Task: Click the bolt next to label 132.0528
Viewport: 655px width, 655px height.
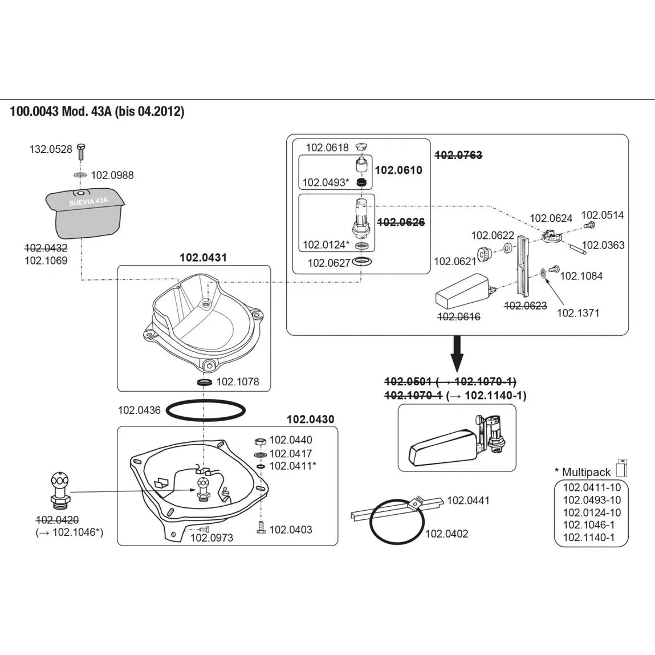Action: point(80,151)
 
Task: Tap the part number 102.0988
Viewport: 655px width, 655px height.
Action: point(112,175)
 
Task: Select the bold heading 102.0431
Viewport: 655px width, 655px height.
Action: point(203,257)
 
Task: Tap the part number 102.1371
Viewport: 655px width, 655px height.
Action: point(577,312)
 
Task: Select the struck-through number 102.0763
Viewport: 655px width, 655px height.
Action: point(458,155)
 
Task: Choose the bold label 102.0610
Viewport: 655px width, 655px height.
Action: point(398,170)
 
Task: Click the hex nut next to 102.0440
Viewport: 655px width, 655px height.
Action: point(259,442)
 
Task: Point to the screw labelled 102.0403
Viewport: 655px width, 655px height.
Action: point(261,527)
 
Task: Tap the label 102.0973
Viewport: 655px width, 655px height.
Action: point(211,538)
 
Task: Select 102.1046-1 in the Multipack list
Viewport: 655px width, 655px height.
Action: point(588,525)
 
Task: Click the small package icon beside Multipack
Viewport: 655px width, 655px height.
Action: point(621,466)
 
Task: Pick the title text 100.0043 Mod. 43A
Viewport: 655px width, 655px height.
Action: point(61,111)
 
